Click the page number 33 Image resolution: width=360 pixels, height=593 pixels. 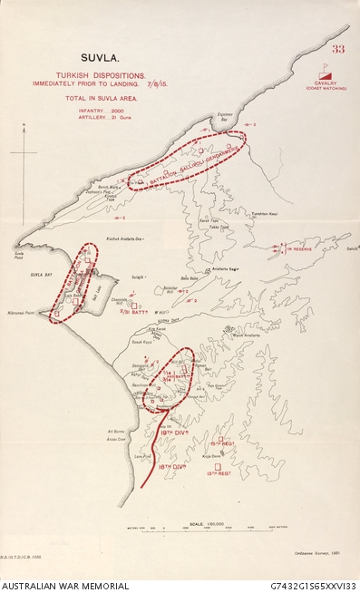(x=339, y=48)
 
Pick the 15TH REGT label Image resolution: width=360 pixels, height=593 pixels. (x=222, y=443)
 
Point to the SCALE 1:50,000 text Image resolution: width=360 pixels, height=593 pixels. (x=191, y=523)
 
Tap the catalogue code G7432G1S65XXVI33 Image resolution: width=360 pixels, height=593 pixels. (x=313, y=586)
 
